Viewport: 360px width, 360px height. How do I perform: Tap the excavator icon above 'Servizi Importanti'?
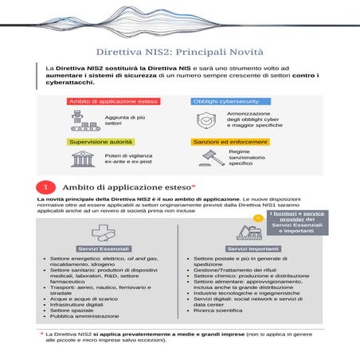[x=245, y=233]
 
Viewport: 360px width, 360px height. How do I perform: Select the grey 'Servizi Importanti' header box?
[x=246, y=250]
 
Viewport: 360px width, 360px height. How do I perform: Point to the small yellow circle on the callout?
[x=257, y=216]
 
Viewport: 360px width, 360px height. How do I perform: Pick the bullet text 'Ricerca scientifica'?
[x=221, y=309]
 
